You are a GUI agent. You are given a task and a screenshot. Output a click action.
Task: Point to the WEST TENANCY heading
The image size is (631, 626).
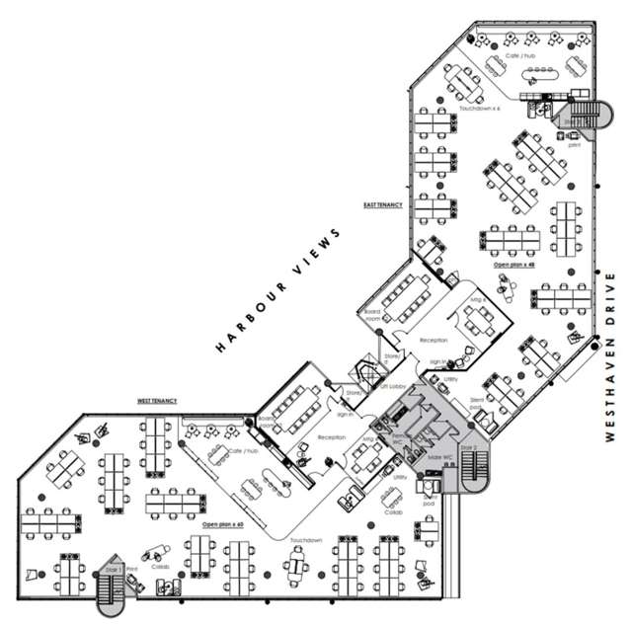click(x=157, y=402)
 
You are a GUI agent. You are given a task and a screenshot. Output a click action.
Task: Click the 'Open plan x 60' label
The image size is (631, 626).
click(x=222, y=523)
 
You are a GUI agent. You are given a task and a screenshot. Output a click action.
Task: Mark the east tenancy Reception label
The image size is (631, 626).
click(x=433, y=340)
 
